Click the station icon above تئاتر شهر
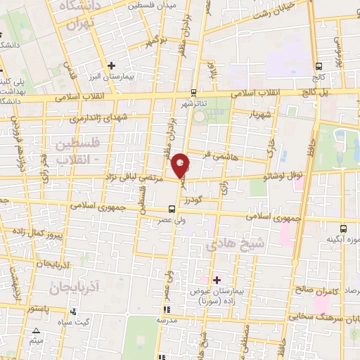194,93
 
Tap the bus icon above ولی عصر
172,208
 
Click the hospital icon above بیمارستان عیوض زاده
217,280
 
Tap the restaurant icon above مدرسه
166,309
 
